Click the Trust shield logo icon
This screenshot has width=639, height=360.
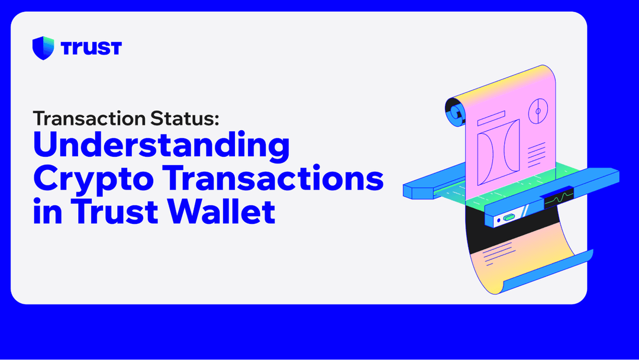(43, 47)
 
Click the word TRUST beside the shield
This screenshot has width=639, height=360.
(91, 47)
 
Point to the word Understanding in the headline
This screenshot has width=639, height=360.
(161, 147)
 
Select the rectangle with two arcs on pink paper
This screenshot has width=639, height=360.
(498, 152)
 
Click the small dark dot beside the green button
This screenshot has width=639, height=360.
(498, 220)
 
